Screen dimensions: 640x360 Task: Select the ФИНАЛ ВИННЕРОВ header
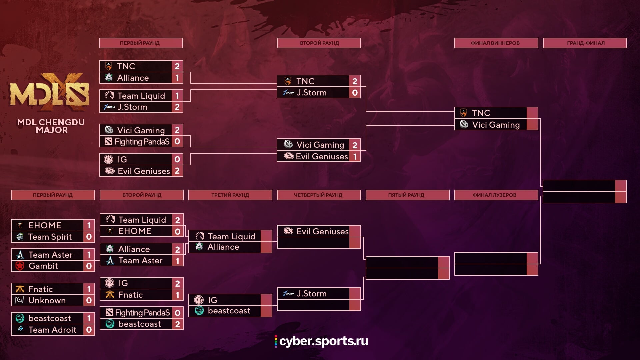(496, 43)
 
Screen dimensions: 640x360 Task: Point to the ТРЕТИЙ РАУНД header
(230, 195)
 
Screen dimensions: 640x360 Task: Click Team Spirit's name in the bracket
(50, 237)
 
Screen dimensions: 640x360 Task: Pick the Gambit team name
(43, 266)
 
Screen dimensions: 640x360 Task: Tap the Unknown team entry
(47, 300)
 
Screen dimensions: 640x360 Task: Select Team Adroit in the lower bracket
(52, 330)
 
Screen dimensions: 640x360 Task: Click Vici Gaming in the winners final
(496, 125)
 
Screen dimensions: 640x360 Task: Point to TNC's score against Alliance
(177, 66)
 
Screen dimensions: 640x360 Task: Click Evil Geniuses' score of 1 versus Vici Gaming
(355, 156)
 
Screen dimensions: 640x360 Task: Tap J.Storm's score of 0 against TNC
(355, 93)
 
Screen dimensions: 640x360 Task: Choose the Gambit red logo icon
(20, 266)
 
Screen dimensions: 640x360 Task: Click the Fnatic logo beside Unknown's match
(20, 289)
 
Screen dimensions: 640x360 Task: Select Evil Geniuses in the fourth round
(322, 231)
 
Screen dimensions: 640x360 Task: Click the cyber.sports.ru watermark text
(324, 341)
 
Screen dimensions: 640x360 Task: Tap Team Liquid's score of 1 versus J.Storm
(177, 96)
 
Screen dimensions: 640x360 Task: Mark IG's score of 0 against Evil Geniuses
(177, 159)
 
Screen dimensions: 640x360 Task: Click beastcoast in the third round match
(229, 311)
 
